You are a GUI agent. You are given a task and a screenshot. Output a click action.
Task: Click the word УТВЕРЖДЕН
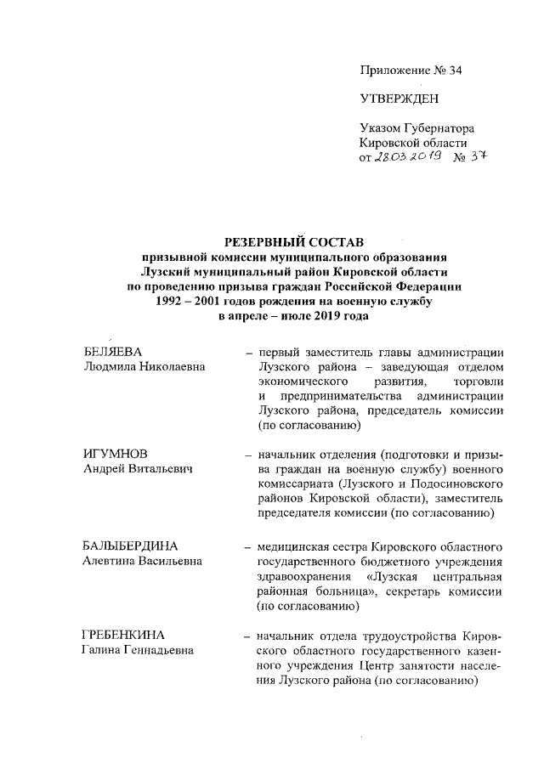point(399,99)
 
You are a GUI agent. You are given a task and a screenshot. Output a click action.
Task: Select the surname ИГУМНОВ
point(112,454)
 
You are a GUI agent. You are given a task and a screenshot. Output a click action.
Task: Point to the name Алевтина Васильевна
point(143,561)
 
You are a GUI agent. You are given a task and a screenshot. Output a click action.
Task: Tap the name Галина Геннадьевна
point(138,652)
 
